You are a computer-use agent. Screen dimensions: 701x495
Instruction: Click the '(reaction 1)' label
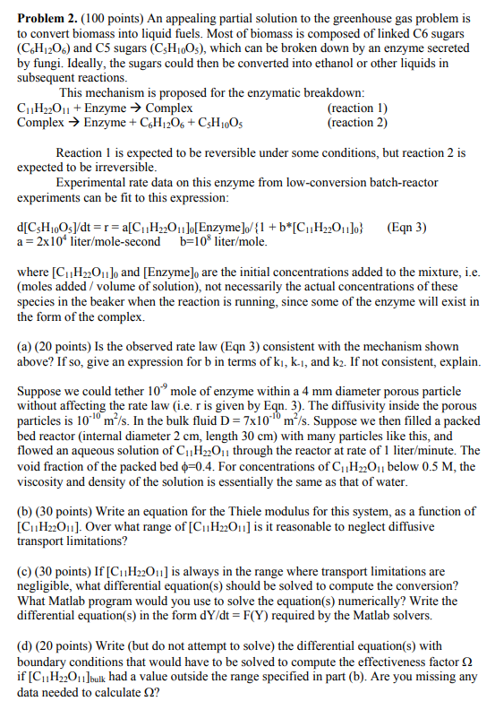[357, 108]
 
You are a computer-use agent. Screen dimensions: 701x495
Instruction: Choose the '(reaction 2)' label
[357, 121]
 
